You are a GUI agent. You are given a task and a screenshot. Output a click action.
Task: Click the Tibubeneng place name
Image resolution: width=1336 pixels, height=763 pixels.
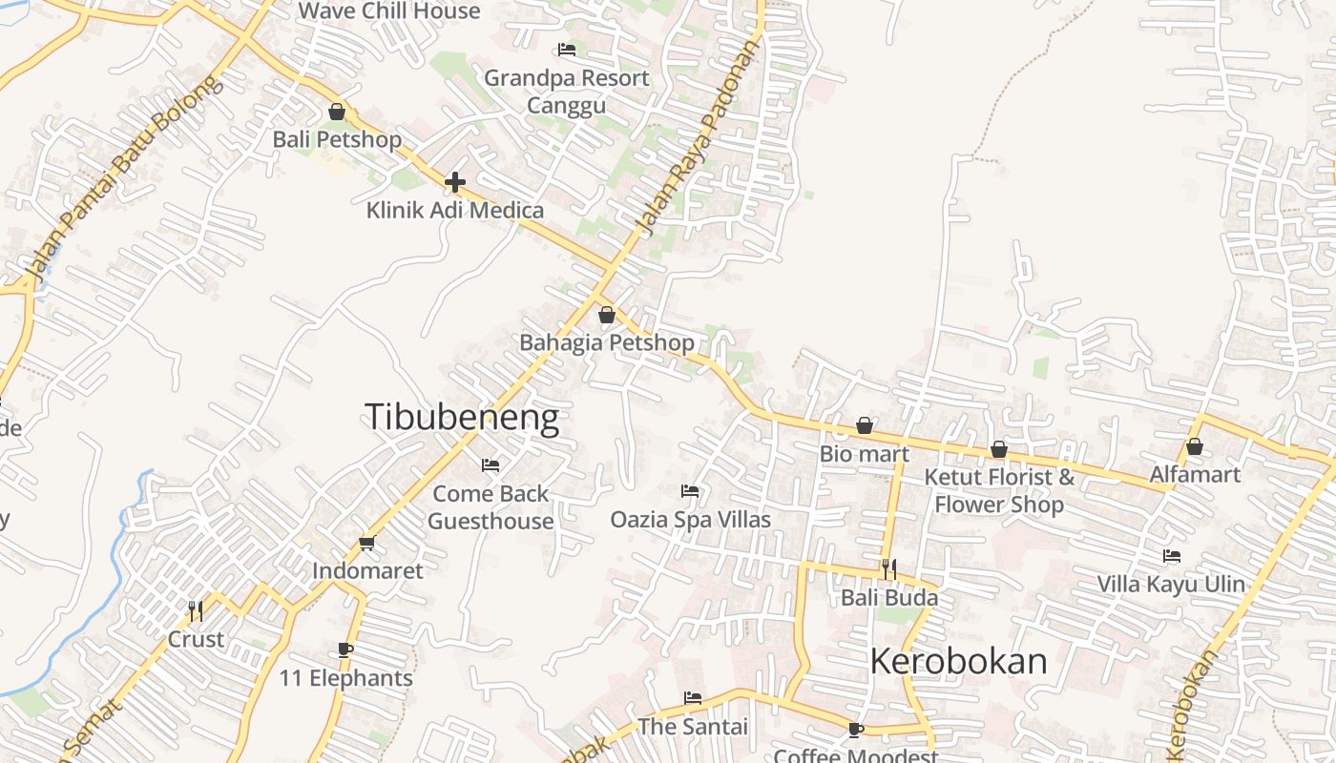(x=462, y=418)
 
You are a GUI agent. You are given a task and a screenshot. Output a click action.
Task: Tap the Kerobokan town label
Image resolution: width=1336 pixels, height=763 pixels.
(x=958, y=661)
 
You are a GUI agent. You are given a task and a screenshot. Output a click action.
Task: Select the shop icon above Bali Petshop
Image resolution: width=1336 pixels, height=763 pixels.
(x=336, y=112)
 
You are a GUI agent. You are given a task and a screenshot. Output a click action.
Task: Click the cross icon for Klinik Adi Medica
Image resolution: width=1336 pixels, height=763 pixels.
(x=455, y=181)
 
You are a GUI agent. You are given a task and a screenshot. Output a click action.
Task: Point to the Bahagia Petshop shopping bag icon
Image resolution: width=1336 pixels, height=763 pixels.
(x=606, y=315)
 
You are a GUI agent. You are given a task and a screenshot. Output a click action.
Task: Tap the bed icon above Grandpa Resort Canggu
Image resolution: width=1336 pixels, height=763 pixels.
(x=567, y=50)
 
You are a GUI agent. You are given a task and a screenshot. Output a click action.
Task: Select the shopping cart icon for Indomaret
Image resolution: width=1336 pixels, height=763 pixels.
(x=367, y=543)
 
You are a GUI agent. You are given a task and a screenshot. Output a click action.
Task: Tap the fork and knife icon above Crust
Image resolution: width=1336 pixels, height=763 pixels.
(x=196, y=610)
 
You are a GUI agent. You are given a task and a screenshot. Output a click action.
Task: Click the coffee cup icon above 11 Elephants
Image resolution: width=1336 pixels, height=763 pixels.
(x=345, y=650)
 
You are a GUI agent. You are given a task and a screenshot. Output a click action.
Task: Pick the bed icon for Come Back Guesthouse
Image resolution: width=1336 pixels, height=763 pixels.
(x=491, y=465)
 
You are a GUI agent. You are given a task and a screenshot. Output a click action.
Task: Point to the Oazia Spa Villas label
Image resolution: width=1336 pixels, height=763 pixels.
(x=690, y=520)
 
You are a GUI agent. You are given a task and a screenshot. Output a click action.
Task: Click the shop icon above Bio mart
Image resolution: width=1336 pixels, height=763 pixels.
(x=865, y=425)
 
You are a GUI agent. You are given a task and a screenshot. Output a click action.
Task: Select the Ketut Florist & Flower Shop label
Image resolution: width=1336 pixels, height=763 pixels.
(x=999, y=490)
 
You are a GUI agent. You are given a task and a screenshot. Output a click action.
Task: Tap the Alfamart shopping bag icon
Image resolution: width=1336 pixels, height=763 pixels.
(x=1194, y=446)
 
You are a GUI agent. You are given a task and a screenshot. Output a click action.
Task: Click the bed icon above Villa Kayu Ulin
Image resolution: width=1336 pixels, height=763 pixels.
(x=1171, y=556)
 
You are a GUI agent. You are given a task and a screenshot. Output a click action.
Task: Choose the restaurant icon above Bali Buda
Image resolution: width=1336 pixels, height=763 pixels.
(x=888, y=569)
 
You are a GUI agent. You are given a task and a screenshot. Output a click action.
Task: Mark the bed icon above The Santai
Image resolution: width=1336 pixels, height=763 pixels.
(x=693, y=698)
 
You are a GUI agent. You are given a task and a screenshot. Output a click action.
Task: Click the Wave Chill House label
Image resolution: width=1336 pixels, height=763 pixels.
(x=389, y=11)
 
